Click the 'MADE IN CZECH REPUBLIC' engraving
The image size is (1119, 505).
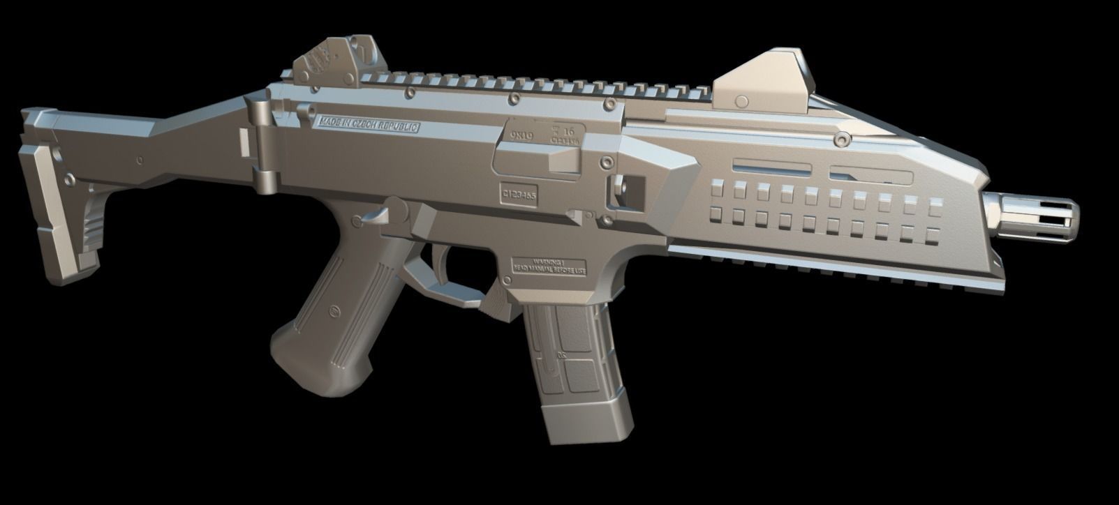click(x=369, y=126)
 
